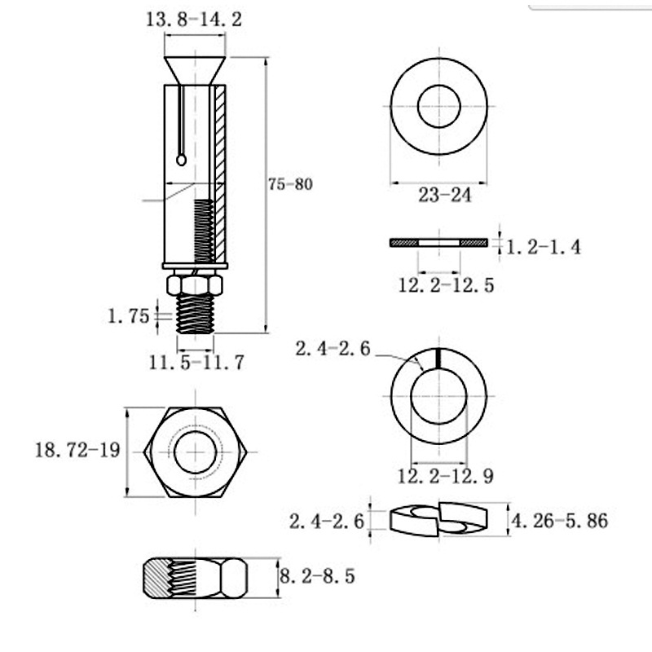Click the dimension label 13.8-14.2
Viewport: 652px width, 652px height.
[194, 20]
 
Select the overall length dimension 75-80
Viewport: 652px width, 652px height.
[290, 184]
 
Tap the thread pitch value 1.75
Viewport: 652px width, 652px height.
[128, 316]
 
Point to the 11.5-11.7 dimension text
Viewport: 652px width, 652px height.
[196, 363]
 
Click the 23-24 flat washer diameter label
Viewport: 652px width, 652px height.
[444, 195]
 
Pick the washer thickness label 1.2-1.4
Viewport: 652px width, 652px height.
[543, 248]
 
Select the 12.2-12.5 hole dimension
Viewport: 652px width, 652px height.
[446, 285]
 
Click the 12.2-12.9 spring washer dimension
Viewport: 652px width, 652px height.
[445, 476]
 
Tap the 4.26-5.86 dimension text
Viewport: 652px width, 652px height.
[559, 521]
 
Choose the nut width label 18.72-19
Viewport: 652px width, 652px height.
[77, 450]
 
